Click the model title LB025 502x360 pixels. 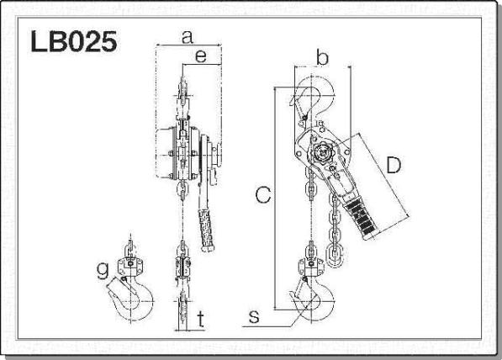click(74, 42)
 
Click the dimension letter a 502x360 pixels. click(188, 37)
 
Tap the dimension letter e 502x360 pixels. click(201, 56)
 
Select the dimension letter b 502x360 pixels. click(322, 57)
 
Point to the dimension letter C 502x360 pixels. click(263, 195)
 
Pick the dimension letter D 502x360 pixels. click(394, 165)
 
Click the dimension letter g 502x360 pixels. click(103, 271)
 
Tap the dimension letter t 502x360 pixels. click(200, 319)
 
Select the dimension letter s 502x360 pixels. click(254, 316)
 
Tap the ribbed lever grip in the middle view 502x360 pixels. click(207, 230)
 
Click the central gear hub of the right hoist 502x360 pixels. click(321, 153)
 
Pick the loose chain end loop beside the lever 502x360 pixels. click(335, 255)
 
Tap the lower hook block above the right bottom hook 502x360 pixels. click(311, 267)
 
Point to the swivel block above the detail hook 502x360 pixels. click(130, 266)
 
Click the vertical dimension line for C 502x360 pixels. click(275, 199)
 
